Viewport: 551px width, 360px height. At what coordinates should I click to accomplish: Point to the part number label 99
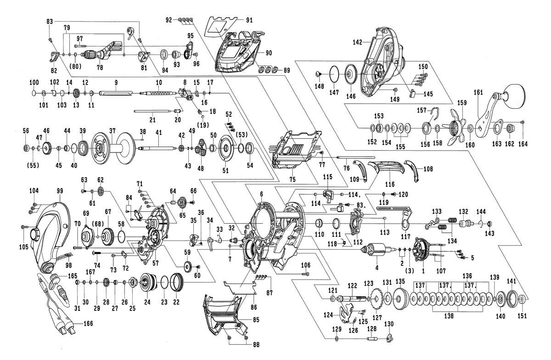point(59,190)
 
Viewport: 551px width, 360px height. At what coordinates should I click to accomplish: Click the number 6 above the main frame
point(262,194)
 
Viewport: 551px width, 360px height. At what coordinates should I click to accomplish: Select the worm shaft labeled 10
point(158,93)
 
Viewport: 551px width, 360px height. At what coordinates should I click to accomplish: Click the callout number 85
point(255,320)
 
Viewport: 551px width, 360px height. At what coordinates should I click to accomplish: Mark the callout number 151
point(522,315)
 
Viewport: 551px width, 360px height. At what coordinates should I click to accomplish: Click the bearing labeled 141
point(511,299)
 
